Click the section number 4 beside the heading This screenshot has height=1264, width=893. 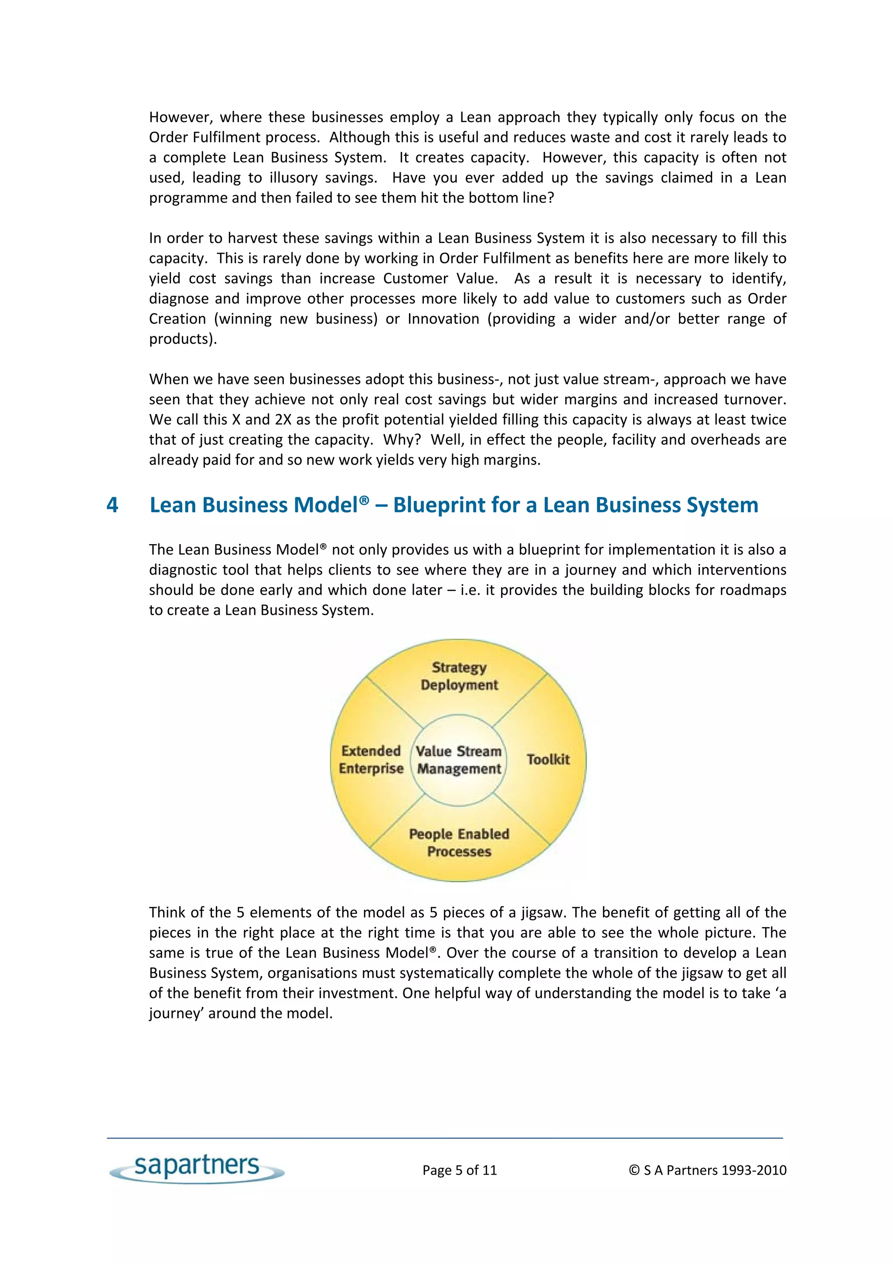pos(112,505)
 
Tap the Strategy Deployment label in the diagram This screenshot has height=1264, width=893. pos(459,676)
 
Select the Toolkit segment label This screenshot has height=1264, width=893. pos(548,759)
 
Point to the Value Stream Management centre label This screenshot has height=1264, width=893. pos(459,760)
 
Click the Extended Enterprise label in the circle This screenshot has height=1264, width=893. pos(371,760)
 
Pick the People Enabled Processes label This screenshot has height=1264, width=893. pos(459,842)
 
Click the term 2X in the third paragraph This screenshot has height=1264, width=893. pos(283,419)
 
